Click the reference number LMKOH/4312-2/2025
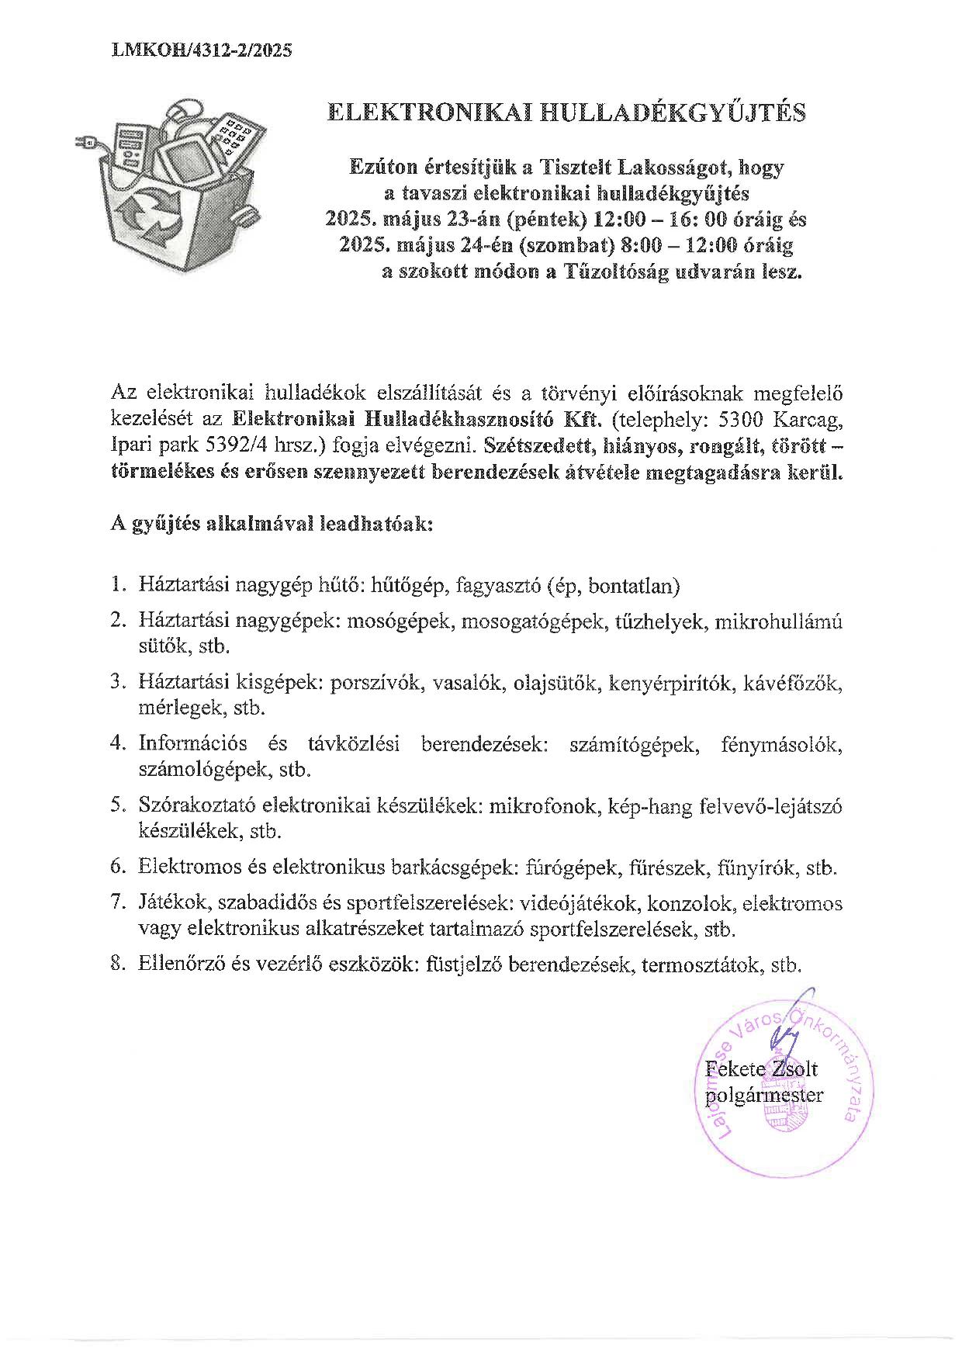pyautogui.click(x=202, y=50)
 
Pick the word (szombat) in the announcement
pyautogui.click(x=562, y=246)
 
